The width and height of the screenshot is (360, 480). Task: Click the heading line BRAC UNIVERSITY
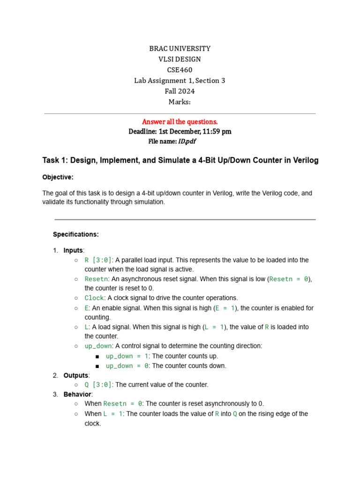click(x=180, y=49)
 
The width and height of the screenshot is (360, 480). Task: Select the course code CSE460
click(x=180, y=70)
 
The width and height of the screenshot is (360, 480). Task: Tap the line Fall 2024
click(x=180, y=91)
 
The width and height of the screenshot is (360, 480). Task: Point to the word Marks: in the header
click(x=180, y=102)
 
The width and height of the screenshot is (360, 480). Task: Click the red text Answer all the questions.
click(x=180, y=122)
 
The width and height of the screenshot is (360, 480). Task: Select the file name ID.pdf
click(x=187, y=141)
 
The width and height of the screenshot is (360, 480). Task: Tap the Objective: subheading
click(x=58, y=177)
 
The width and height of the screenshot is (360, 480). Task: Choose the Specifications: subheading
click(x=76, y=234)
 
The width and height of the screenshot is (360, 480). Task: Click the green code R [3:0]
click(x=98, y=260)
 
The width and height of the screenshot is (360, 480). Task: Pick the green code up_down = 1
click(x=126, y=356)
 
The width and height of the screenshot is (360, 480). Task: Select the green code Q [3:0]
click(x=98, y=385)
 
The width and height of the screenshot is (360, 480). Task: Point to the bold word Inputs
click(x=73, y=250)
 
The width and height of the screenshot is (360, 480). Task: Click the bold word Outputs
click(x=76, y=375)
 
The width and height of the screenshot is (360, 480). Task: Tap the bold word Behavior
click(x=78, y=394)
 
